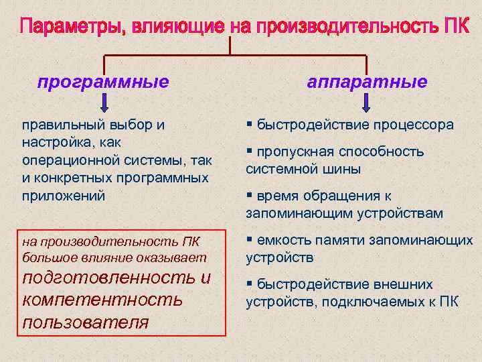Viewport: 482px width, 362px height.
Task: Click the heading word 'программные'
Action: pyautogui.click(x=102, y=82)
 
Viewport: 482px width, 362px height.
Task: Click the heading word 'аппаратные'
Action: pyautogui.click(x=366, y=82)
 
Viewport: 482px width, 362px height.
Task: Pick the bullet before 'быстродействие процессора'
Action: pyautogui.click(x=249, y=124)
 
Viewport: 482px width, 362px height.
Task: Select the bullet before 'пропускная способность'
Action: pyautogui.click(x=249, y=151)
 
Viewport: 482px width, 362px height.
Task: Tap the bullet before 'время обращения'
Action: pyautogui.click(x=249, y=195)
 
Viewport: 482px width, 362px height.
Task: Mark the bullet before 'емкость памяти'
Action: pyautogui.click(x=249, y=239)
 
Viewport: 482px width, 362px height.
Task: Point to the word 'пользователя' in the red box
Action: pyautogui.click(x=86, y=322)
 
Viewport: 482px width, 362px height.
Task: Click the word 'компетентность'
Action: pyautogui.click(x=102, y=300)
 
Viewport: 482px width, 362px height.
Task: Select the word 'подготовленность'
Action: pyautogui.click(x=109, y=278)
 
